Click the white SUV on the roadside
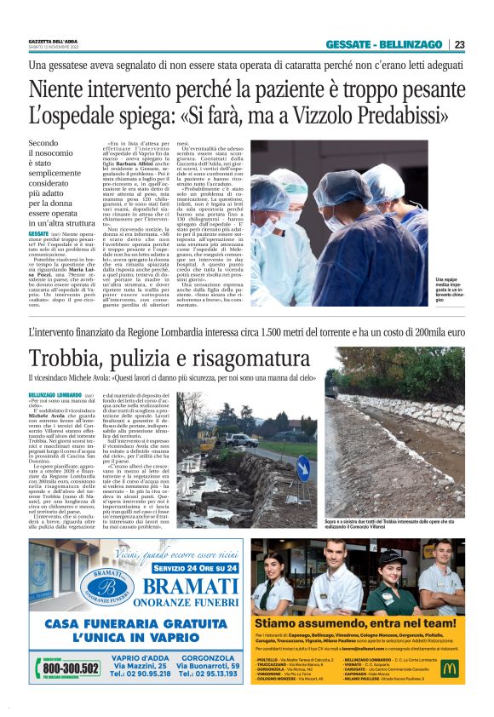click(238, 440)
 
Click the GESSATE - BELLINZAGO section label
click(384, 44)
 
